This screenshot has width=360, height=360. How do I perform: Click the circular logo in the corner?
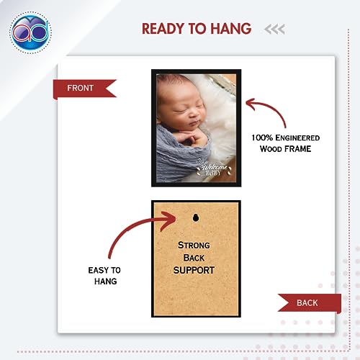pos(30,32)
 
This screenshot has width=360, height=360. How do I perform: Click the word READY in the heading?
pos(163,29)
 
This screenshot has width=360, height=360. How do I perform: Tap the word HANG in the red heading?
pos(231,29)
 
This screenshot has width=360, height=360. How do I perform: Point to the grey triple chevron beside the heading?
pos(274,30)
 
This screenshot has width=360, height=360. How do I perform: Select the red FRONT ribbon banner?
pos(84,89)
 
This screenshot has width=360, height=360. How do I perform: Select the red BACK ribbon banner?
pos(310,303)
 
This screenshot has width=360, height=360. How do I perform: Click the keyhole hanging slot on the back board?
pos(196,217)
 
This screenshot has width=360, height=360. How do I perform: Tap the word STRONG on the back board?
pos(194,246)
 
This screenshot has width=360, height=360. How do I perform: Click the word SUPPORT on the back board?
pos(194,270)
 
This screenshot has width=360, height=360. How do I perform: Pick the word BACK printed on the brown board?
pos(194,258)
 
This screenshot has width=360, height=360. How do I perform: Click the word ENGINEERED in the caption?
pos(297,138)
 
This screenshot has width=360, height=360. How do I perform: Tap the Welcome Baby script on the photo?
pos(214,169)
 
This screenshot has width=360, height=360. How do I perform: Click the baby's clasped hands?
pos(192,138)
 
